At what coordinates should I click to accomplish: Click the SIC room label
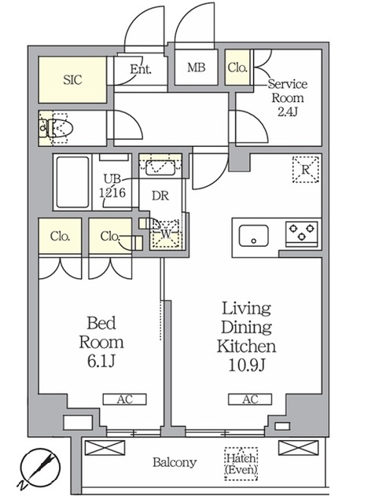tap(72, 80)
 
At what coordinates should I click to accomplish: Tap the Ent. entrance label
tap(141, 69)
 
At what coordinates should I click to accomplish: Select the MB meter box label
tap(196, 68)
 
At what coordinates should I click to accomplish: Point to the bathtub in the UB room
tap(72, 182)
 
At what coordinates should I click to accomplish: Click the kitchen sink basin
tap(254, 236)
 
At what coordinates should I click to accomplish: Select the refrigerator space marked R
tap(305, 170)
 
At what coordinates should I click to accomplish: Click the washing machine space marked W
tap(166, 233)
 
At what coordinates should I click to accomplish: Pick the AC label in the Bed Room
tap(124, 399)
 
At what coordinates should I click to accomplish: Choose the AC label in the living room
tap(250, 399)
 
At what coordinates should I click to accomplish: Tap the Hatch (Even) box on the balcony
tap(241, 464)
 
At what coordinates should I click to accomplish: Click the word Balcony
tap(175, 462)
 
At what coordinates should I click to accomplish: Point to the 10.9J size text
tap(247, 365)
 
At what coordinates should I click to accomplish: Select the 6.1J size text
tap(101, 362)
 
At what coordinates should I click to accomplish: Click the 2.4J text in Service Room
tap(288, 112)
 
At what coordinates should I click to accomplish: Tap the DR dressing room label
tap(160, 196)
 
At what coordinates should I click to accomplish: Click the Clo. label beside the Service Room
tap(237, 68)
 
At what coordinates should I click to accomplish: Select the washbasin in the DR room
tap(160, 167)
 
